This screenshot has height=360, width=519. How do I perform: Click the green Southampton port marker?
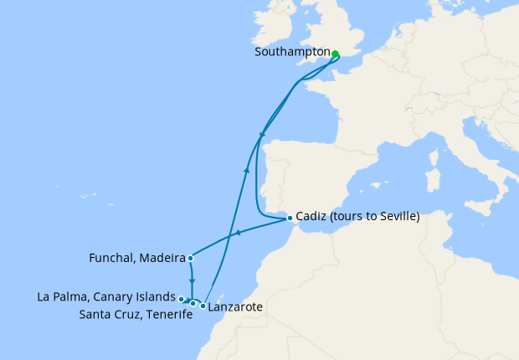[335, 54]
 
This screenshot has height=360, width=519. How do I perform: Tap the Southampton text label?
[291, 52]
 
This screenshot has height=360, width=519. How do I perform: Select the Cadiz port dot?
[290, 219]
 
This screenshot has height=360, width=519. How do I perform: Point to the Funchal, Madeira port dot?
[192, 258]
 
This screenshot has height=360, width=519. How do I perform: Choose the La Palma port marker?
[181, 298]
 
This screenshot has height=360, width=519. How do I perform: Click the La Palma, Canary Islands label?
[106, 297]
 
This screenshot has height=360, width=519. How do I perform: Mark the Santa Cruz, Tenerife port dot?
[193, 303]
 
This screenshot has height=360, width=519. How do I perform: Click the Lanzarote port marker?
[203, 306]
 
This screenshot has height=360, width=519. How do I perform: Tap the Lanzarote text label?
[236, 307]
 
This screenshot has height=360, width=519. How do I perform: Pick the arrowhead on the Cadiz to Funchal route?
[238, 234]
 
